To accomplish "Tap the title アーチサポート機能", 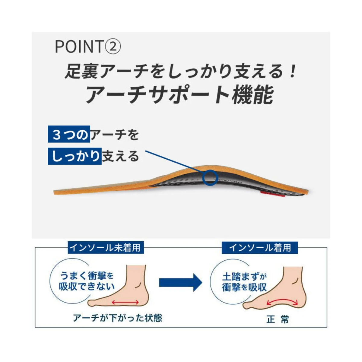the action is pos(179,96).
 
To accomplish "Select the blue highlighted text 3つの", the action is pos(69,134).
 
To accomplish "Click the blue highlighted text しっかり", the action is pos(75,156).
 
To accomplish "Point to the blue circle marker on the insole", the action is pos(210,177).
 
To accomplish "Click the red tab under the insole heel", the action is pos(273,195).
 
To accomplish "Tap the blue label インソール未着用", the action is pos(106,247).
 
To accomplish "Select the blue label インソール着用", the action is pos(260,247).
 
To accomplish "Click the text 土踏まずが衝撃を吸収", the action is pos(244,282).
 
